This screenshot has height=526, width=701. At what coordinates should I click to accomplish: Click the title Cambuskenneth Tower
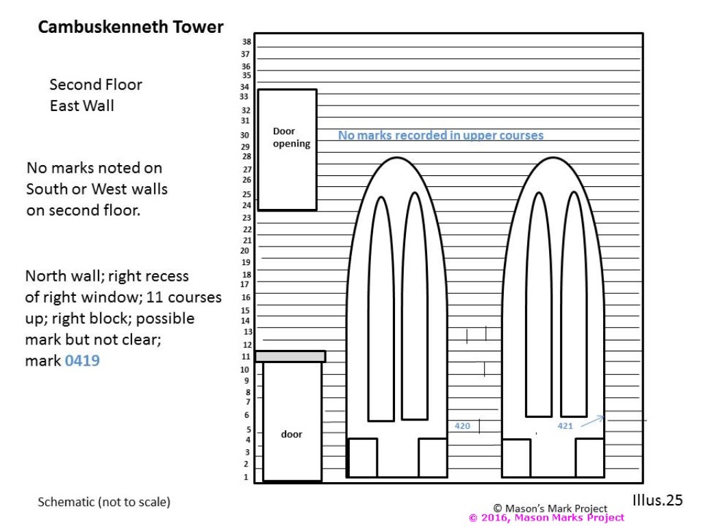[x=131, y=27]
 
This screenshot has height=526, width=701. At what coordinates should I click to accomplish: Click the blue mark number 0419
[x=82, y=360]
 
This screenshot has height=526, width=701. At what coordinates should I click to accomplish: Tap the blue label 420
[x=462, y=426]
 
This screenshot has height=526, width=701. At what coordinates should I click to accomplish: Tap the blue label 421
[x=565, y=426]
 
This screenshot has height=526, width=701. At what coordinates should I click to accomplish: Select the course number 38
[x=246, y=42]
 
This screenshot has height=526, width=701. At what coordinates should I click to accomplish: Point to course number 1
[x=246, y=477]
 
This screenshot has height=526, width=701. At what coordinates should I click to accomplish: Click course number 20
[x=245, y=251]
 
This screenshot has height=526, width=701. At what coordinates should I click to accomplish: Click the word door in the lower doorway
[x=292, y=434]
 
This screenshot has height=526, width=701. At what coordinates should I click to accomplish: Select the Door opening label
[x=292, y=137]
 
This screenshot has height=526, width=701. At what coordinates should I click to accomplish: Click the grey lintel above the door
[x=290, y=356]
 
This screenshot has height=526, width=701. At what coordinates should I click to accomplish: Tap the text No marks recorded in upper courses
[x=441, y=135]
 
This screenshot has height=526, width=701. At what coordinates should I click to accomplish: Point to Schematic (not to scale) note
[x=104, y=502]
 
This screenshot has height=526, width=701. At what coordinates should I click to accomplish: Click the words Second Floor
[x=96, y=84]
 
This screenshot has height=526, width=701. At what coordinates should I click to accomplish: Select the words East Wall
[x=82, y=105]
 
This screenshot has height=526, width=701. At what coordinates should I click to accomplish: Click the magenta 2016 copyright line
[x=546, y=518]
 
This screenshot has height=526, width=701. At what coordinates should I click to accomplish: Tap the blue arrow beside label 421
[x=592, y=421]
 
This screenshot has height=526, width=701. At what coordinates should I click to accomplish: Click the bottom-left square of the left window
[x=363, y=458]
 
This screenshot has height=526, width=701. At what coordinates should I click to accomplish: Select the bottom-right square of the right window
[x=589, y=458]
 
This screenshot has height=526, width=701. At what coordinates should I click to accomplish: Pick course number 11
[x=246, y=356]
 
